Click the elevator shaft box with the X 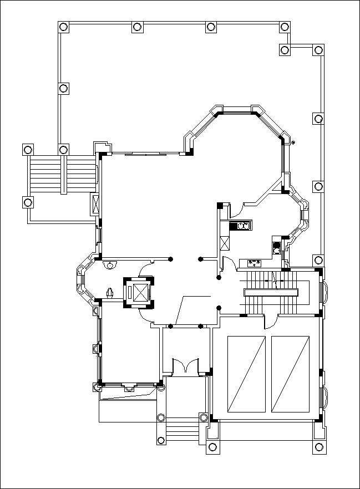[138, 292]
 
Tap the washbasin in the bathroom [111, 264]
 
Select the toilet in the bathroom [110, 292]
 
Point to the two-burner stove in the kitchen [242, 226]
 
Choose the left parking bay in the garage [246, 374]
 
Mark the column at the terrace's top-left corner [63, 27]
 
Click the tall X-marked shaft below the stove [225, 244]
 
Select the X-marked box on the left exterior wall [95, 205]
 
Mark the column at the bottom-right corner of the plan [318, 447]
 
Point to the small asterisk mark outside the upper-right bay [293, 142]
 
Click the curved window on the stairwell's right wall [326, 292]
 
